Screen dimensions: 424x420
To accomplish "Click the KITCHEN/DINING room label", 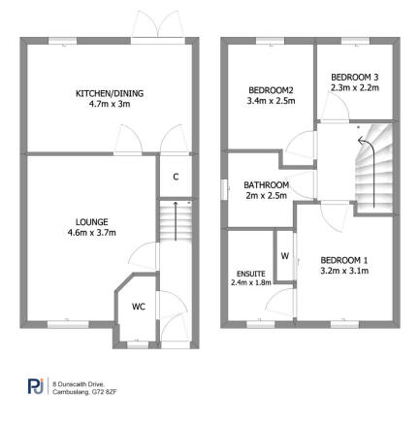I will coord(110,93).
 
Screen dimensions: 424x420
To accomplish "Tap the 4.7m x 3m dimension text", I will coord(110,103).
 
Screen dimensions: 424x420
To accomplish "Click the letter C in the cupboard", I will coord(175,177).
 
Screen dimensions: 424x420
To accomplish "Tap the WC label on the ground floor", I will coord(139,307).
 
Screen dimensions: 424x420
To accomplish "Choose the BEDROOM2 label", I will coord(264,89).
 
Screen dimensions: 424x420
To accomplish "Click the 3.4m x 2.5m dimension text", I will coord(264,99).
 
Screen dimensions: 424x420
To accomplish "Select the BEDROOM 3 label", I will coord(354,78).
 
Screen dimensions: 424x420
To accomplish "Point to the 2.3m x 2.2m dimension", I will coord(354,87).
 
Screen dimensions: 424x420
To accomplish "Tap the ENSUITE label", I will coord(249,273).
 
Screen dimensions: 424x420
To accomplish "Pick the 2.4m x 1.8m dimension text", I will coord(249,283).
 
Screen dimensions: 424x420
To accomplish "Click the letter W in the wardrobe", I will coord(285,256).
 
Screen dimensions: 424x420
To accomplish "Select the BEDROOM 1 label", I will coord(344,259).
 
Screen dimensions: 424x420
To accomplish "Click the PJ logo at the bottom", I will coord(35,388).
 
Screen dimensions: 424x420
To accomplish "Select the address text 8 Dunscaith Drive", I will coord(82,384).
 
